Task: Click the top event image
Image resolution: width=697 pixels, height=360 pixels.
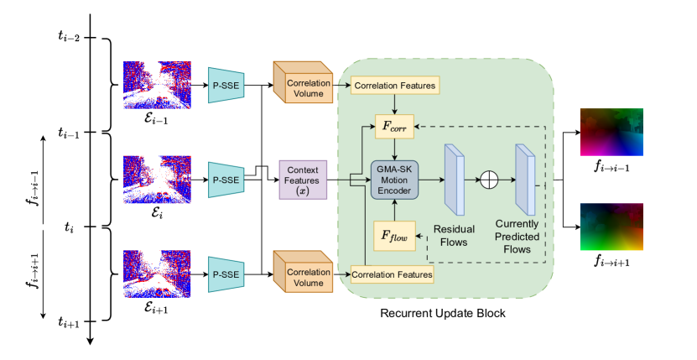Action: [158, 85]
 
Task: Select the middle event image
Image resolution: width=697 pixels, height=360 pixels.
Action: [158, 179]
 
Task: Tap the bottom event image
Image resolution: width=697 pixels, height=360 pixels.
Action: [158, 274]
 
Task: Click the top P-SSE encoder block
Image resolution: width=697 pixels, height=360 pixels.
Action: [226, 85]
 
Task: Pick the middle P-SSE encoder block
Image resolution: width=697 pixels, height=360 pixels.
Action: [226, 180]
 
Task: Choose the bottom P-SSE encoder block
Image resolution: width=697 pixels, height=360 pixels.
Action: [226, 274]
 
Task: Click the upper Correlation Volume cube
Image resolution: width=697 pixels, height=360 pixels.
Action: [304, 83]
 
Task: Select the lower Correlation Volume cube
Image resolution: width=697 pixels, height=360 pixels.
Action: [304, 273]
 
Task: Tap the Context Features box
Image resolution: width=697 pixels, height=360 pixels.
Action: [303, 180]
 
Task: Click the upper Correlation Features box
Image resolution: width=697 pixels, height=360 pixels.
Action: [395, 86]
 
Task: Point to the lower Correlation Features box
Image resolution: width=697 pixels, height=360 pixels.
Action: [393, 274]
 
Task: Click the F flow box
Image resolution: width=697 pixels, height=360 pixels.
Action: [393, 237]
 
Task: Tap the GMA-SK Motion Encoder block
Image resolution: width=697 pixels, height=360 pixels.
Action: [394, 180]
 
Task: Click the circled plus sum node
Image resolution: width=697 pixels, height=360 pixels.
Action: [488, 180]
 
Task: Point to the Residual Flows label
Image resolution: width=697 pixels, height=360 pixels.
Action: [454, 236]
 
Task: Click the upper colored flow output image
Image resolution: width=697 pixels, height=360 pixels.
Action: [611, 132]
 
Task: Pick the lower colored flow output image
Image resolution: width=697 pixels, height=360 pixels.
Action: [611, 227]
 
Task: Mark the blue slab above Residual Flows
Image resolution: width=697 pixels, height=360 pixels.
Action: [454, 178]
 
